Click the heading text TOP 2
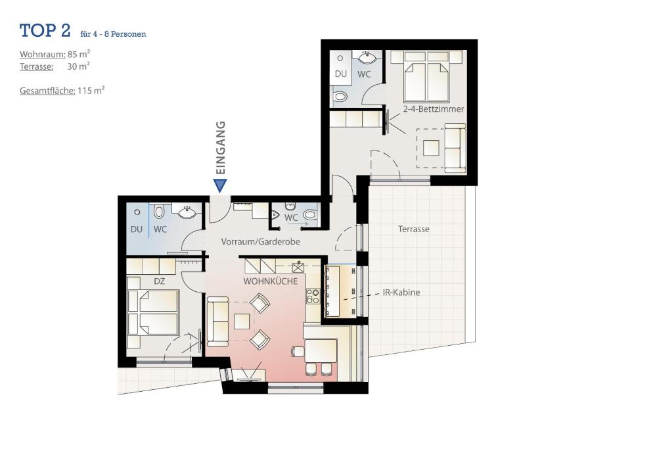pyautogui.click(x=45, y=30)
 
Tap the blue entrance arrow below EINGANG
pyautogui.click(x=220, y=186)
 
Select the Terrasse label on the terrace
pyautogui.click(x=414, y=229)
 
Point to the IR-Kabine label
pyautogui.click(x=401, y=293)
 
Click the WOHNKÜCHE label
pyautogui.click(x=270, y=281)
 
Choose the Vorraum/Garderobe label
pyautogui.click(x=260, y=242)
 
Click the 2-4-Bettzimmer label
pyautogui.click(x=433, y=109)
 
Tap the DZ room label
pyautogui.click(x=159, y=281)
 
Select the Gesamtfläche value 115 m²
pyautogui.click(x=91, y=91)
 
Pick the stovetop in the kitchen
pyautogui.click(x=312, y=296)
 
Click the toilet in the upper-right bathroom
pyautogui.click(x=340, y=97)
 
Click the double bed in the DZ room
pyautogui.click(x=154, y=312)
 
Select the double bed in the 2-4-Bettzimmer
pyautogui.click(x=427, y=77)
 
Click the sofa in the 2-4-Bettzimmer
pyautogui.click(x=454, y=148)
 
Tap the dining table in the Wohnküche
pyautogui.click(x=320, y=350)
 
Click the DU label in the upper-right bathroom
pyautogui.click(x=340, y=74)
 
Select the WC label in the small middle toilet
pyautogui.click(x=291, y=218)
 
